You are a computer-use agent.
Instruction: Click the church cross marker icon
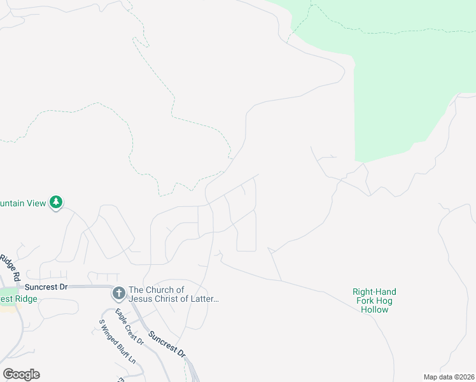118,294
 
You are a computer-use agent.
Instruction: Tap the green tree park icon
57,202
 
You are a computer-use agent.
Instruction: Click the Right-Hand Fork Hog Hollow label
374,301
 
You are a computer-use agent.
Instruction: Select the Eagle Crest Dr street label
129,327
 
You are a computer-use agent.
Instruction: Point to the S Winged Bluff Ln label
118,341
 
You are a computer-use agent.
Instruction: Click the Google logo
21,374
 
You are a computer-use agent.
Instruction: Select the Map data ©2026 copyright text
448,376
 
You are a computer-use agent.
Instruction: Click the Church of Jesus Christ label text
174,294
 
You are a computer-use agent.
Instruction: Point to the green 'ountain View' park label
23,203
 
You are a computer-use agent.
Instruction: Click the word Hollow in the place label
374,309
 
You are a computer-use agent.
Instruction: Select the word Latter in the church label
204,299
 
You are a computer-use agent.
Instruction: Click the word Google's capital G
8,374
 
